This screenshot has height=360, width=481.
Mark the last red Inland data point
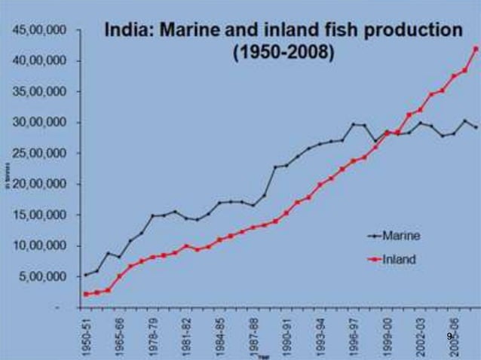point(475,49)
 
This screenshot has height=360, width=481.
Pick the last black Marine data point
point(475,127)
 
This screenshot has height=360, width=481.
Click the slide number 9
point(449,336)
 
